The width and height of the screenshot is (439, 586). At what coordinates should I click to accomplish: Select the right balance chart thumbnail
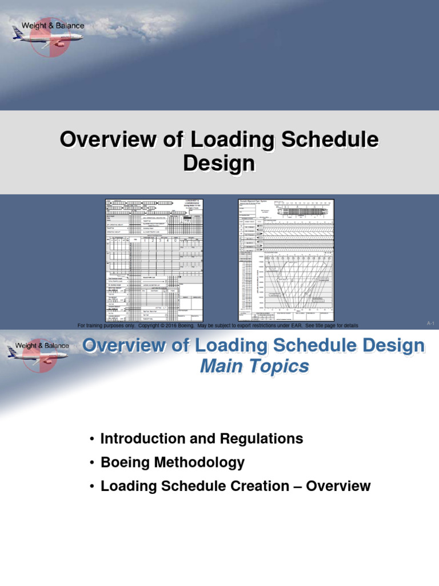286,260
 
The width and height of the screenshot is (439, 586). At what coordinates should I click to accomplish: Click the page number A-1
431,324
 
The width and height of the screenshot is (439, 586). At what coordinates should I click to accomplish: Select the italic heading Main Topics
254,366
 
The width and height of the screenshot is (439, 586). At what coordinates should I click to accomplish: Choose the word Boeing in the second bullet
123,462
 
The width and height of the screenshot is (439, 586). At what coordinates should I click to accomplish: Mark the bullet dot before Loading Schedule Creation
91,486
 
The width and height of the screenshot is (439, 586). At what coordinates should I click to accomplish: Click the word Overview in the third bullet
338,486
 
